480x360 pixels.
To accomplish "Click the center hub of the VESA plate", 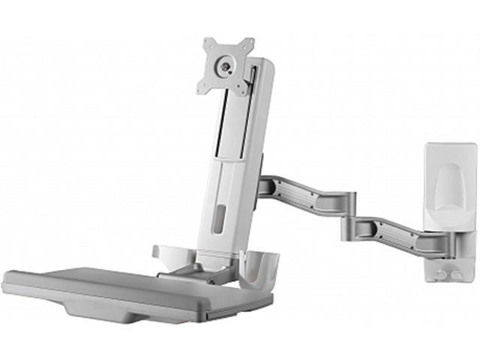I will pos(224,65).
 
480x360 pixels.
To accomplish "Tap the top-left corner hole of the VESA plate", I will pos(210,43).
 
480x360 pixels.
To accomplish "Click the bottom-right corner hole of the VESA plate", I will pos(240,93).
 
